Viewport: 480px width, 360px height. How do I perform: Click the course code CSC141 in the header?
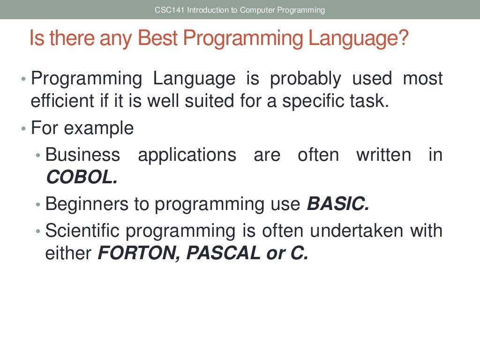pos(169,10)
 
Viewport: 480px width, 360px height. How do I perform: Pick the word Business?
pos(82,155)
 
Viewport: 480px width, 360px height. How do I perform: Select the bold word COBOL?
pos(81,177)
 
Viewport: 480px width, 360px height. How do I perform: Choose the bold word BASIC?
pos(337,204)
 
